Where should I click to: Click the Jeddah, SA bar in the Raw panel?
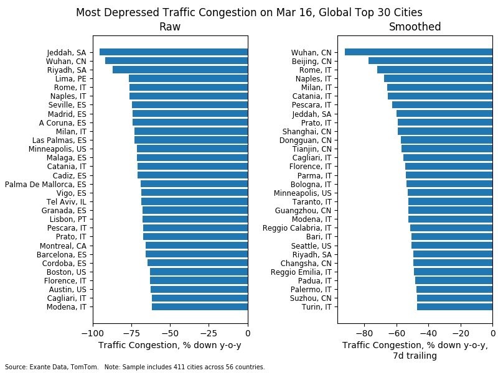tap(174, 52)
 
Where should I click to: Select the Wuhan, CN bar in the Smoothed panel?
tap(418, 52)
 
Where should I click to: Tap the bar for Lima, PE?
tap(188, 78)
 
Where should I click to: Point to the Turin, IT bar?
tap(454, 306)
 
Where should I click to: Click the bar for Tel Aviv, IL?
tap(194, 201)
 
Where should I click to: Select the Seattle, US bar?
tap(452, 245)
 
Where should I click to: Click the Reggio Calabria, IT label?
tap(301, 228)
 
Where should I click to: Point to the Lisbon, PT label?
tap(68, 219)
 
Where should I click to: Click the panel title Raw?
tap(170, 27)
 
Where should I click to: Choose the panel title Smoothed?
tap(415, 27)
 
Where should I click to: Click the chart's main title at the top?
tap(249, 12)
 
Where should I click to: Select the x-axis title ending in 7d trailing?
tap(415, 351)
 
